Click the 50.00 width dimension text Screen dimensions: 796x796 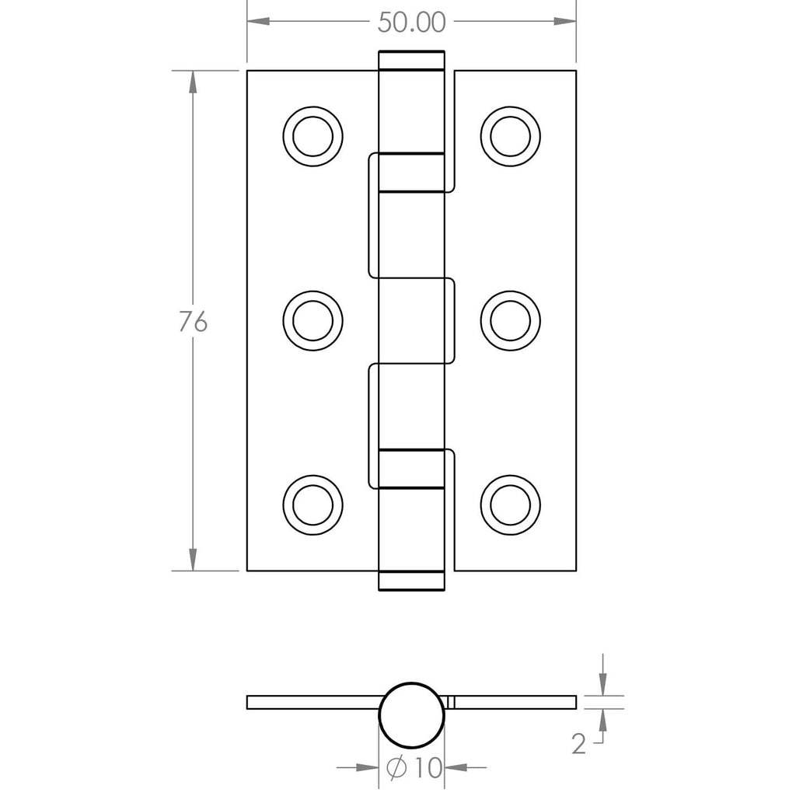[412, 23]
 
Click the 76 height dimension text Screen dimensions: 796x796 [193, 321]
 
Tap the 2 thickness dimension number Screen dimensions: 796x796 [578, 744]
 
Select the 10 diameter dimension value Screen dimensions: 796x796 [428, 767]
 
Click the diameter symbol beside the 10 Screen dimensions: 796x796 [396, 767]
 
